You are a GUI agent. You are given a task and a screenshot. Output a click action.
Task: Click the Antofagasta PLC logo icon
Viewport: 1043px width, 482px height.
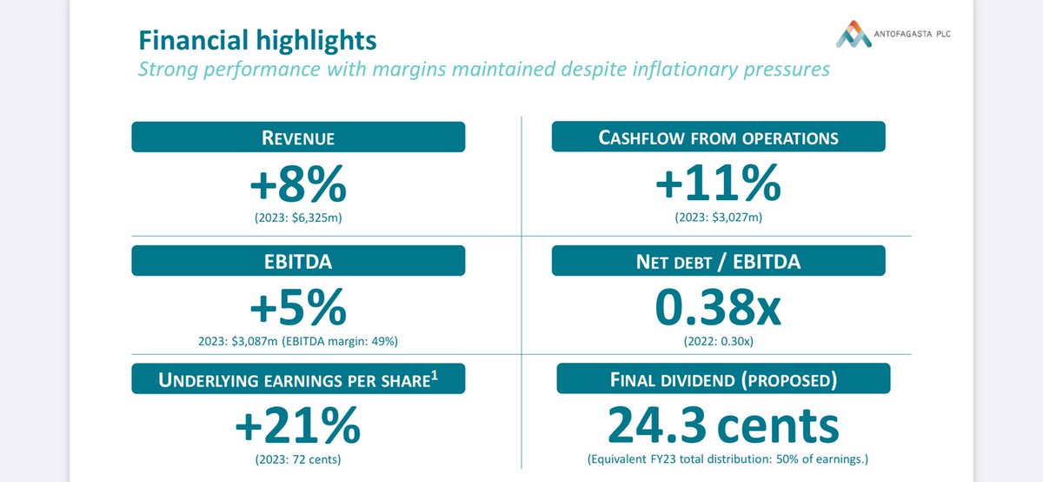click(854, 34)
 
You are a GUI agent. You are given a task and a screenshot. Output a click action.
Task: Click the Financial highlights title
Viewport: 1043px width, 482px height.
click(257, 40)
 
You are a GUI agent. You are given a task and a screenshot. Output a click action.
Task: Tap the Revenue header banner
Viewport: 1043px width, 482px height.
click(298, 137)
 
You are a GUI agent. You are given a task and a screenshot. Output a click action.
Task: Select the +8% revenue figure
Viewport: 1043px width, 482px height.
click(298, 184)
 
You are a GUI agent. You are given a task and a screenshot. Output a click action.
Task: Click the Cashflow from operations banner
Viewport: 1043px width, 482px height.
click(719, 137)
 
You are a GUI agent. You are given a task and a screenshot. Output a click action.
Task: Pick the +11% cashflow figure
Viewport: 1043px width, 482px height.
click(718, 184)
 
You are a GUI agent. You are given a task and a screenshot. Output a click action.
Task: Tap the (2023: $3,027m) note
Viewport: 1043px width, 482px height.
click(719, 218)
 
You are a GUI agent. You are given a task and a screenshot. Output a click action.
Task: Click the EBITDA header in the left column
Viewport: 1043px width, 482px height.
click(298, 261)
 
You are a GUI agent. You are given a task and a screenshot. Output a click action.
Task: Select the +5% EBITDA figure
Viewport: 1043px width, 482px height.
click(298, 307)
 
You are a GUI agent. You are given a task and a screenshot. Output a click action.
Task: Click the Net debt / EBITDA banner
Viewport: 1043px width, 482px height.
click(719, 261)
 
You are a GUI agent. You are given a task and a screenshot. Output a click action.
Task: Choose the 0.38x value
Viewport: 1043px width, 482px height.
click(718, 307)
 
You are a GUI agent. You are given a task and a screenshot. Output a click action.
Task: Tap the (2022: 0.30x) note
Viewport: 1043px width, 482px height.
click(719, 341)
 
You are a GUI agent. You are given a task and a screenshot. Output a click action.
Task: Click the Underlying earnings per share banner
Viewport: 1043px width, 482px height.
click(298, 378)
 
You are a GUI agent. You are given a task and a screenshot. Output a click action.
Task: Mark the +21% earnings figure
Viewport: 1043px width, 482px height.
click(298, 425)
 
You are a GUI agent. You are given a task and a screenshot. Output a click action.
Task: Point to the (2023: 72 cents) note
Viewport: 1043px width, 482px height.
click(298, 459)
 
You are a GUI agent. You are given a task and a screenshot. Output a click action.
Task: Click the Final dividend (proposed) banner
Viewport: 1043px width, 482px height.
click(723, 378)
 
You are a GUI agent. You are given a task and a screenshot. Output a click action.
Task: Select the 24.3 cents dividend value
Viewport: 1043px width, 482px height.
click(723, 425)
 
